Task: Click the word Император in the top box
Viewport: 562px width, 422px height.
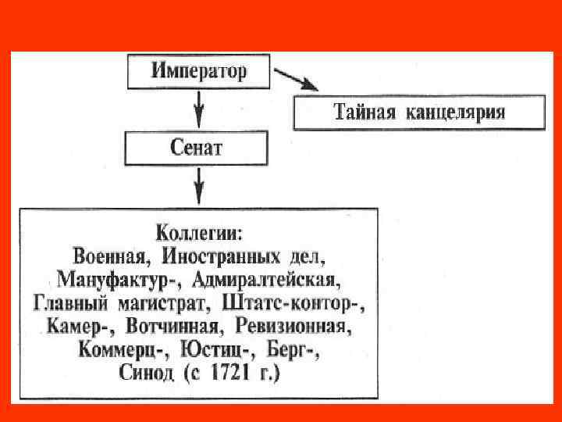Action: tap(199, 73)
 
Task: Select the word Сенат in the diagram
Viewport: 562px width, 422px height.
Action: tap(196, 148)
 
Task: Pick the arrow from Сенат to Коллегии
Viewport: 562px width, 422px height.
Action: tap(198, 185)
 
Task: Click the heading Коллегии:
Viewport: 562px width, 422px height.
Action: tap(200, 233)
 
